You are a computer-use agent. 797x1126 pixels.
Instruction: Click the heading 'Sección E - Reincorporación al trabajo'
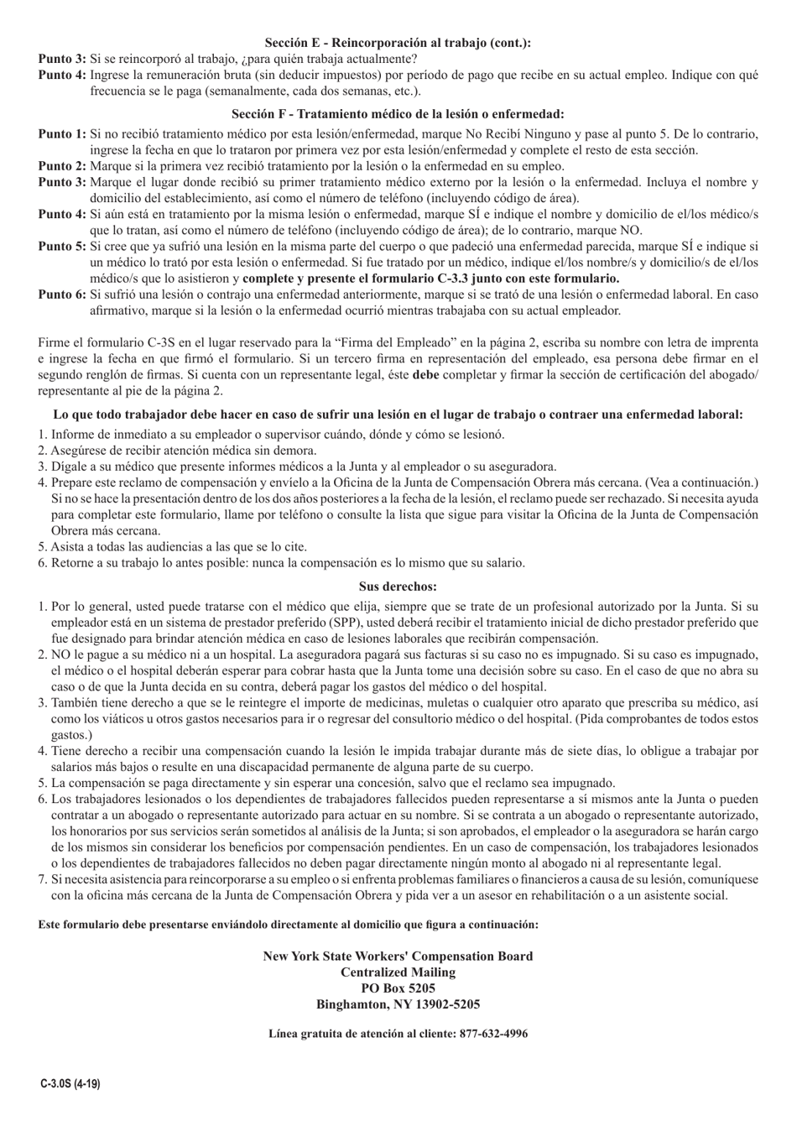(x=398, y=43)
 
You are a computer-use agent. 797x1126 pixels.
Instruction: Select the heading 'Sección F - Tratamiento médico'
(x=398, y=114)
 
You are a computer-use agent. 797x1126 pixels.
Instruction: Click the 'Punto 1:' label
(x=62, y=134)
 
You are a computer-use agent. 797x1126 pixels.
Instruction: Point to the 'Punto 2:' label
(x=62, y=166)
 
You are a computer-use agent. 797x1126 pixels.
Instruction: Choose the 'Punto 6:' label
(x=62, y=295)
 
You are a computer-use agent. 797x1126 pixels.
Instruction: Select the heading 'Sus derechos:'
(x=398, y=586)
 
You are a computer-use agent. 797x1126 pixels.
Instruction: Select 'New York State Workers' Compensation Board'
(x=398, y=957)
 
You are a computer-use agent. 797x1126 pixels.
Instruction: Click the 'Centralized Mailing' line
(x=398, y=972)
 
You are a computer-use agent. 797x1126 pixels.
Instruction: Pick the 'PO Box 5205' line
(x=398, y=988)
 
